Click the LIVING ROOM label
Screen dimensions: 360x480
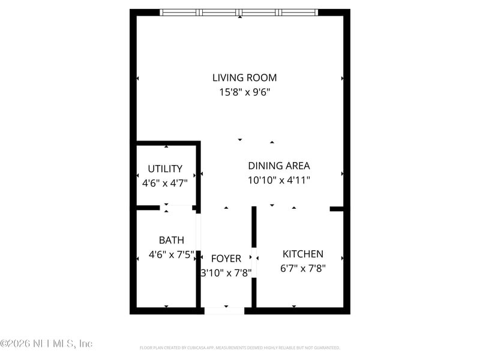244,77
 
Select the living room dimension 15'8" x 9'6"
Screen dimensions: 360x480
244,92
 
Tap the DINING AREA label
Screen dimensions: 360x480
278,166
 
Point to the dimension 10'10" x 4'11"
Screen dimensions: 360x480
278,179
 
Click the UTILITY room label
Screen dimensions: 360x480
165,169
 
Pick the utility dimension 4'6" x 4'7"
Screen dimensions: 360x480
165,183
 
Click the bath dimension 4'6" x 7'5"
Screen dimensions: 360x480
171,254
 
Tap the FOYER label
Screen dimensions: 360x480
226,259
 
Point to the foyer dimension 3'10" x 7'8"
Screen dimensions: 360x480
226,272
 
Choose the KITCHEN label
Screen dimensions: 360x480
303,254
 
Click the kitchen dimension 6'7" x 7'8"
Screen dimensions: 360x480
303,269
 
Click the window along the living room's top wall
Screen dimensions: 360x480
239,12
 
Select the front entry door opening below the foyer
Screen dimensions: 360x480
224,311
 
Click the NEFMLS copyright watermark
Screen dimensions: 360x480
46,344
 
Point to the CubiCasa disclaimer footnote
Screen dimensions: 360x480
239,347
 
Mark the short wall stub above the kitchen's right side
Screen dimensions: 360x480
336,209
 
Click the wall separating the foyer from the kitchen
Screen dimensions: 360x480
254,282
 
